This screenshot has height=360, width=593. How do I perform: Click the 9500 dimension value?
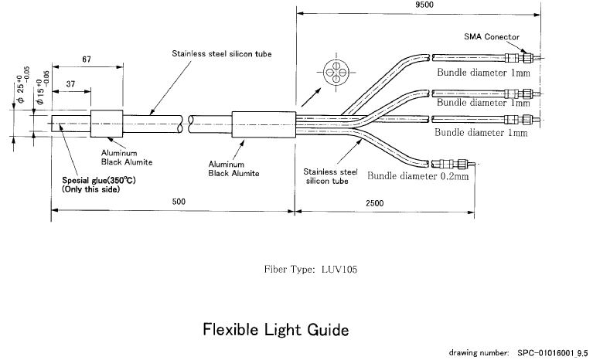(424, 5)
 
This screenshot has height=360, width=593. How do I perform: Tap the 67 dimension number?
(87, 59)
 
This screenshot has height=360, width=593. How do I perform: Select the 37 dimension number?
(70, 84)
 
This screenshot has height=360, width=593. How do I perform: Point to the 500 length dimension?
(179, 202)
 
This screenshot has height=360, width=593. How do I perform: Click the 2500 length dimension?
(374, 203)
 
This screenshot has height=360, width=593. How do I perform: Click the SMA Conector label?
(492, 37)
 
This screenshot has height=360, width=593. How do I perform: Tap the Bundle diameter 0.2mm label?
(418, 176)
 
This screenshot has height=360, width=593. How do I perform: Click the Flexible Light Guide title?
(276, 330)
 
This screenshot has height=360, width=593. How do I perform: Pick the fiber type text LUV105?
(339, 270)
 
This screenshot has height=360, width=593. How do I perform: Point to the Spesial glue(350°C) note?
(99, 181)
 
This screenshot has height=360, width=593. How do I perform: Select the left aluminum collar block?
(107, 124)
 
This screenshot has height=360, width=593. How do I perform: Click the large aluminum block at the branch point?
(264, 124)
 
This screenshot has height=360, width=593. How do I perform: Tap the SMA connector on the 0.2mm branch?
(451, 165)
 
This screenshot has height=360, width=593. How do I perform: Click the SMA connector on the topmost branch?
(520, 58)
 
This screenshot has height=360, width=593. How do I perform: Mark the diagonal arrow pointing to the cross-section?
(312, 97)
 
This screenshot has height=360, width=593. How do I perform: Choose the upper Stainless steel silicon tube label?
(222, 54)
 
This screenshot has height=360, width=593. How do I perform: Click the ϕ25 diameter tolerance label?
(22, 85)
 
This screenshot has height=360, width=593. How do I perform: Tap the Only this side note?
(90, 189)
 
